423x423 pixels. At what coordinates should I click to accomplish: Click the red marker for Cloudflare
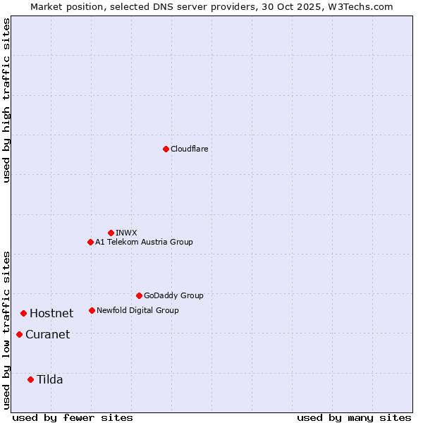point(166,149)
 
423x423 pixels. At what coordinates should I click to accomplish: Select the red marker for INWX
point(111,233)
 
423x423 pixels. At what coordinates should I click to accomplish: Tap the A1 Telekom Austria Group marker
point(90,242)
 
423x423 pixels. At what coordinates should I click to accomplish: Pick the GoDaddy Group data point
point(139,295)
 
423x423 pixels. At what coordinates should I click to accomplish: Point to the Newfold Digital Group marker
point(92,310)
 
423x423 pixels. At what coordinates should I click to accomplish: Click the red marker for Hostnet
point(23,313)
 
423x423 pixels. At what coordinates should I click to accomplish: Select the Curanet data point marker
point(19,334)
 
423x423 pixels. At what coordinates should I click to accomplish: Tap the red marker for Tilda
point(30,379)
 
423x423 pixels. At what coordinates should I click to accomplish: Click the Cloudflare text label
point(189,149)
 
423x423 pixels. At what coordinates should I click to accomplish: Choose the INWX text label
point(126,233)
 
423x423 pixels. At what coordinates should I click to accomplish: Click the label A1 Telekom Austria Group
point(144,242)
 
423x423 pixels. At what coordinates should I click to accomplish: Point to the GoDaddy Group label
point(173,295)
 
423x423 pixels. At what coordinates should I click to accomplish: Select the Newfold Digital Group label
point(137,310)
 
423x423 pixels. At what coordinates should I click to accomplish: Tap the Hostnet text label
point(51,313)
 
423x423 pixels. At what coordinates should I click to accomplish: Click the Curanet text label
point(47,334)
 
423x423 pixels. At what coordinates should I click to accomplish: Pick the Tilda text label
point(50,379)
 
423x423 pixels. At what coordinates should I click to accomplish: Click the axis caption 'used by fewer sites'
point(73,417)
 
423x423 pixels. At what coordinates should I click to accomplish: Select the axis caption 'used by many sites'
point(354,417)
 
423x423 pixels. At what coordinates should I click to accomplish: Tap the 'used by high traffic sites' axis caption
point(7,100)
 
